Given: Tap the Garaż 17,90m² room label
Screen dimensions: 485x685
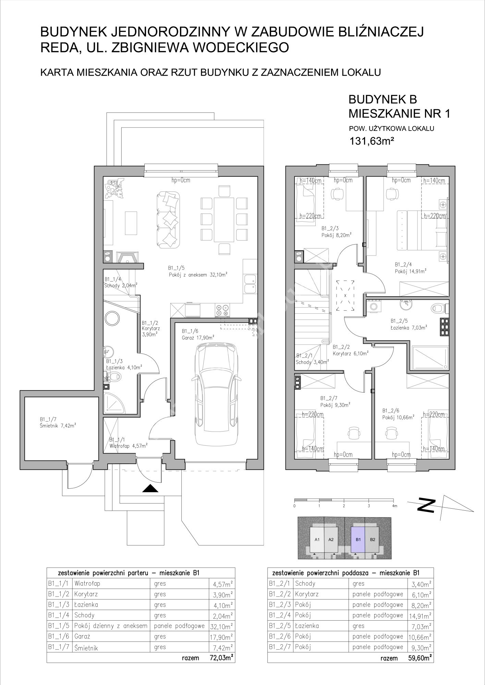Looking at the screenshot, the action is (x=198, y=337).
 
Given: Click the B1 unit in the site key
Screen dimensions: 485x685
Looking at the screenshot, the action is (x=359, y=539).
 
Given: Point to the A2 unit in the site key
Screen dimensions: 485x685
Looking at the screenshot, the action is (x=331, y=539).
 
